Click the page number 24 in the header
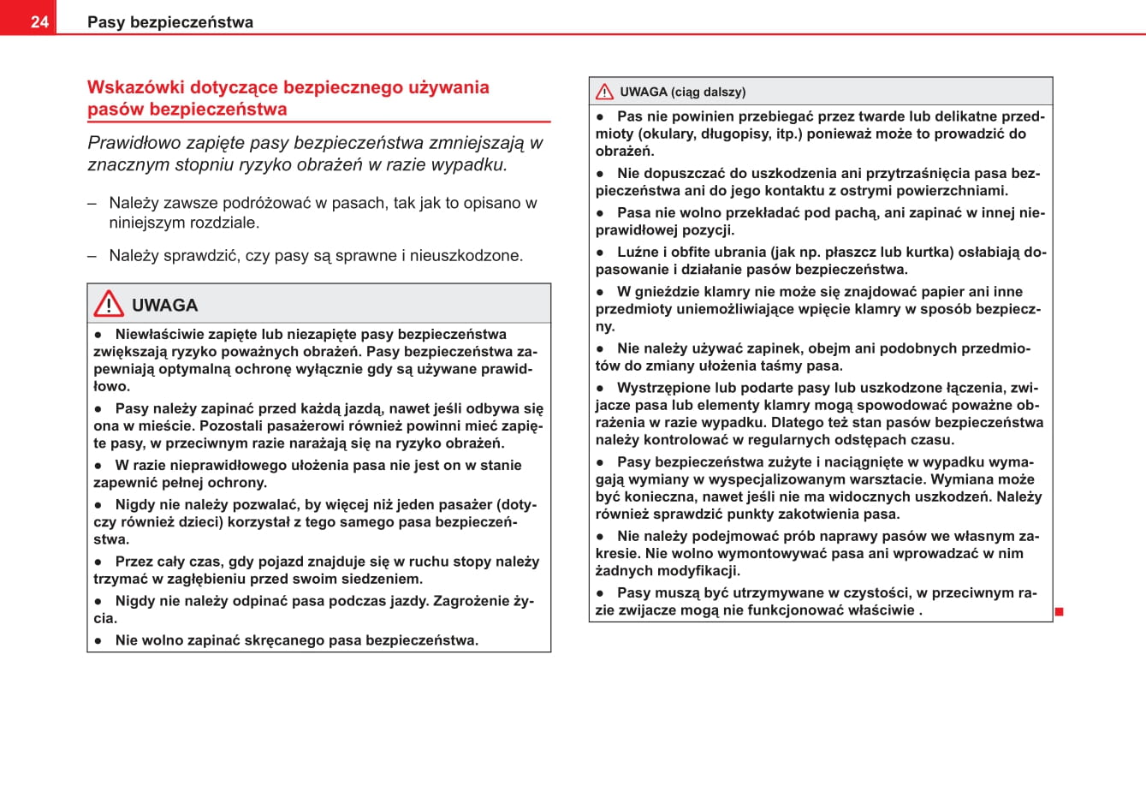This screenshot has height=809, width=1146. [x=39, y=22]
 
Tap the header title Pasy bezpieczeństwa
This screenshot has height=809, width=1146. [x=170, y=22]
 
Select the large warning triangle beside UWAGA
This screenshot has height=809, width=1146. [x=109, y=304]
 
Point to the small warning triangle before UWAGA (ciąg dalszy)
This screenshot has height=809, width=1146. [x=604, y=92]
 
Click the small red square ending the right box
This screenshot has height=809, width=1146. [x=1059, y=611]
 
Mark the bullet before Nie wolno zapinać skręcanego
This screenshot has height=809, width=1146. [x=98, y=640]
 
